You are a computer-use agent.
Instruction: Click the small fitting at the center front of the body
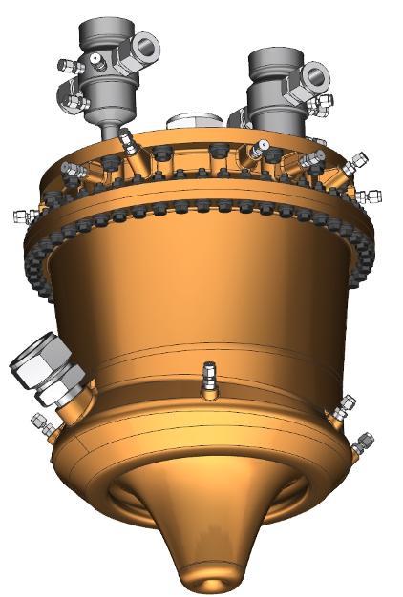click(x=209, y=379)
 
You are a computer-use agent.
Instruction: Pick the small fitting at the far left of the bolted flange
click(x=18, y=216)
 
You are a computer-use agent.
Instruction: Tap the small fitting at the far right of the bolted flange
click(x=368, y=196)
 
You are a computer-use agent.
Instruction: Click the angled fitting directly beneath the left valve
click(x=126, y=144)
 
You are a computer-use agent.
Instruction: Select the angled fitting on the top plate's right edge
click(x=354, y=163)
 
